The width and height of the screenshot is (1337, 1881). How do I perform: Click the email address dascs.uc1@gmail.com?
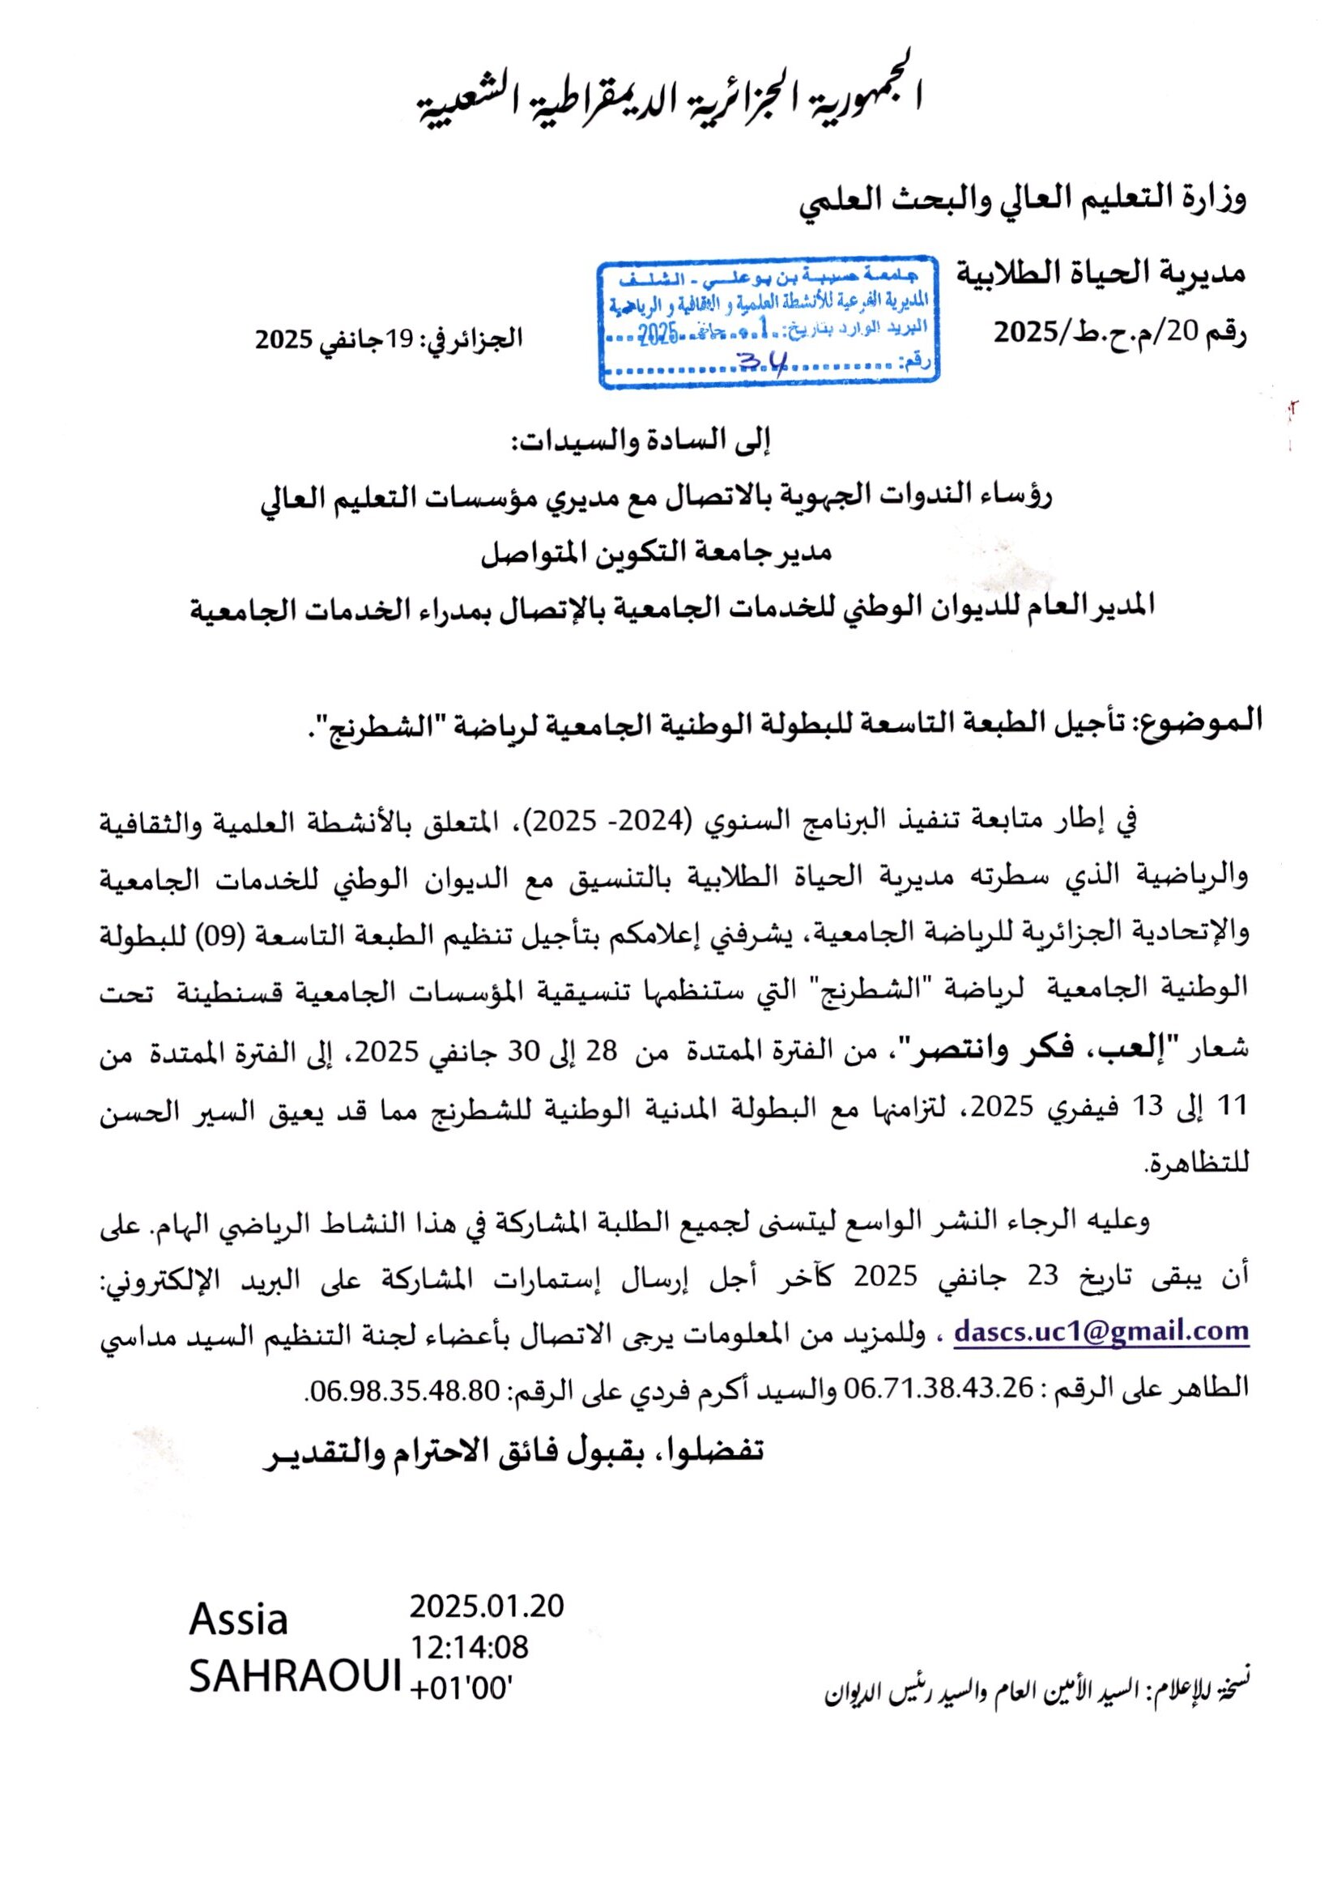click(1101, 1331)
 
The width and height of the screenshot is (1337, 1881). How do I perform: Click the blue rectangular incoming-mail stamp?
click(769, 326)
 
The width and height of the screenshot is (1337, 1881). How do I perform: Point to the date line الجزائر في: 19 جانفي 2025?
click(390, 339)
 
